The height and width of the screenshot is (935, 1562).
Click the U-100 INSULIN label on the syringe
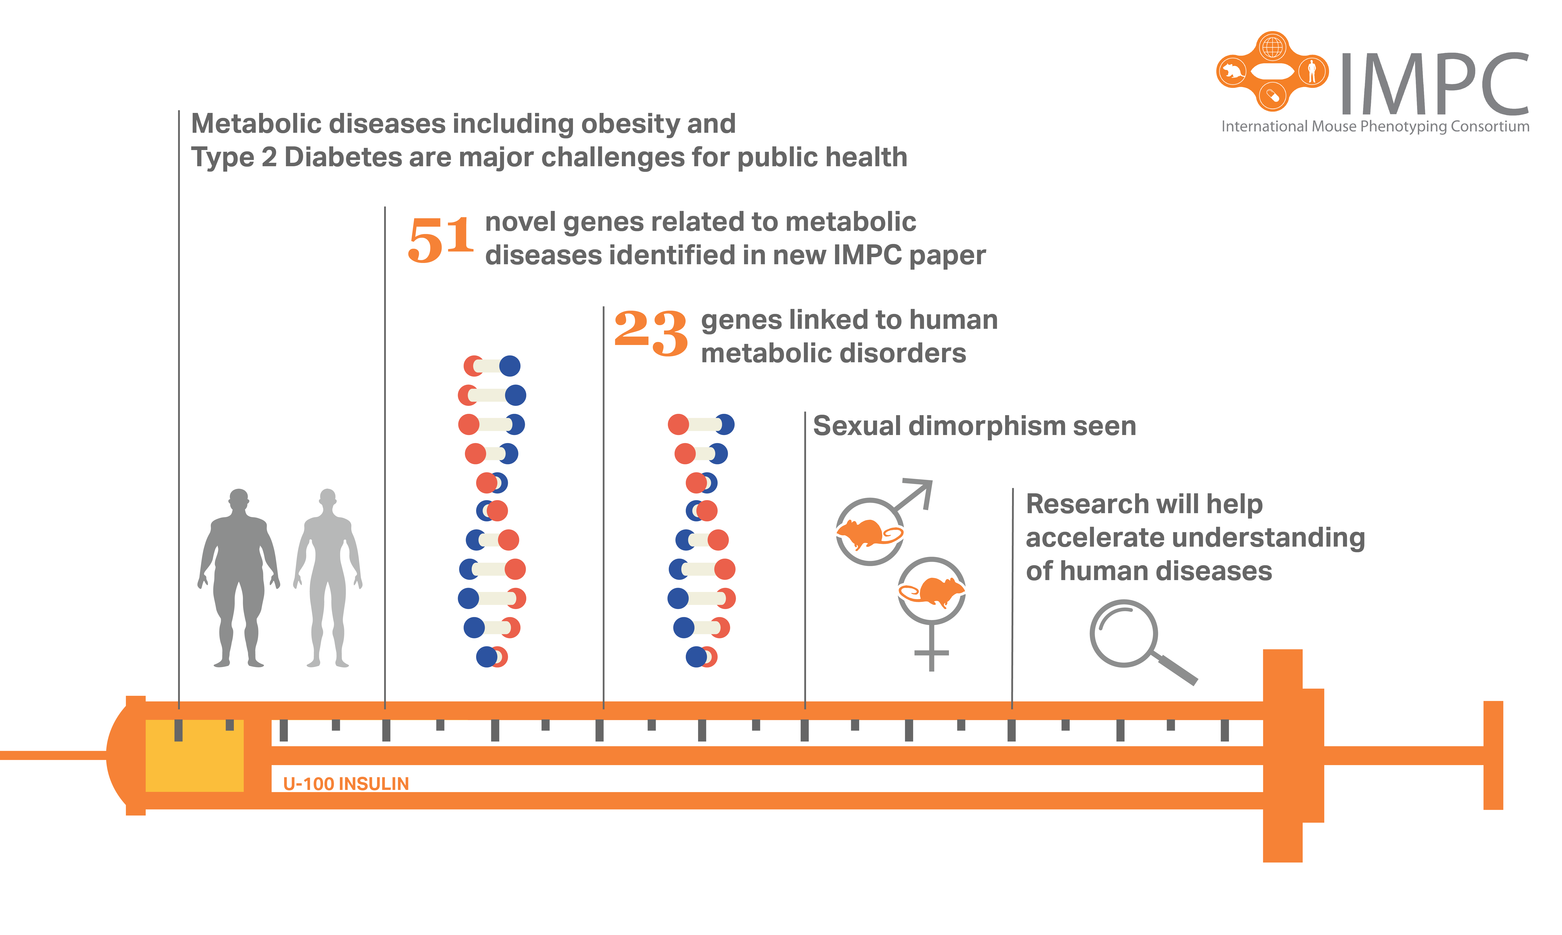pos(346,784)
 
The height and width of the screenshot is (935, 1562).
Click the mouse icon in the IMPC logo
pos(1232,71)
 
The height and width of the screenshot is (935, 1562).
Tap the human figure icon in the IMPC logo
pos(1312,71)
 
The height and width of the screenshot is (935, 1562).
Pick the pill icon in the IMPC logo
pos(1272,96)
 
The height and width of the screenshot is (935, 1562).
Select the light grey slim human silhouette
pos(328,576)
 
